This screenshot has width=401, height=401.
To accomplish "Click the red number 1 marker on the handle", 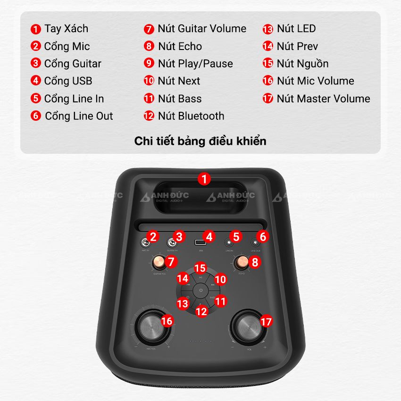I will click(x=204, y=179).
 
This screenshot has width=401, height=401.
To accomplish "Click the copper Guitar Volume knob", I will click(x=159, y=261).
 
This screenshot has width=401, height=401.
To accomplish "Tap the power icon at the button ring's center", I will click(x=201, y=290).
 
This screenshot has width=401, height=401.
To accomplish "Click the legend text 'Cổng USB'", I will click(x=68, y=81).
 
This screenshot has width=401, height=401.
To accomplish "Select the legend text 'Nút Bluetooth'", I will click(x=191, y=116).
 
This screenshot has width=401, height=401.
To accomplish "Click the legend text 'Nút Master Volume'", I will click(x=323, y=99).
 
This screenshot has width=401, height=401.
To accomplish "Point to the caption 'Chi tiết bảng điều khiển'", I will click(x=200, y=141).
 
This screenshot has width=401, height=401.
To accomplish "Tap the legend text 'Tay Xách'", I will click(x=67, y=28).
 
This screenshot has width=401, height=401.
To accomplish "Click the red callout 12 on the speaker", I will click(x=201, y=311).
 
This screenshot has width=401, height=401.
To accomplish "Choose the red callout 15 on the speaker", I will click(x=200, y=268).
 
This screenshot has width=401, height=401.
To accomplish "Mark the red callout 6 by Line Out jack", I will click(x=263, y=236).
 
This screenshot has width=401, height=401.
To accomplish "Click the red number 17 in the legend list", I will click(x=268, y=99).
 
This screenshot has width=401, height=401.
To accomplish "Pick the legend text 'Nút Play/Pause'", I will click(x=195, y=64).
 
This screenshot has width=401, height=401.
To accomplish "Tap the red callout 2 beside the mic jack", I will click(x=153, y=236).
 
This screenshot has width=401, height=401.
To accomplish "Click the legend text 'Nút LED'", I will click(x=296, y=28).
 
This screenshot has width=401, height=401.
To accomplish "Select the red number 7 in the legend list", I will click(x=149, y=29).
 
